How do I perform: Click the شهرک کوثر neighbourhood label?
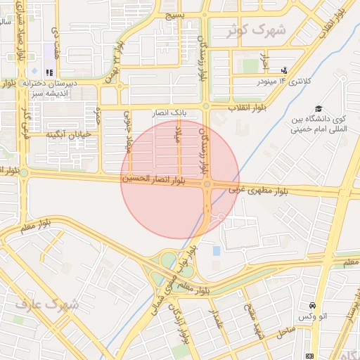(258, 31)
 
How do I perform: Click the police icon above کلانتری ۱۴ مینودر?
(284, 70)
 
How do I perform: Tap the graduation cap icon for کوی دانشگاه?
(319, 109)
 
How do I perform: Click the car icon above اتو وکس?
(312, 307)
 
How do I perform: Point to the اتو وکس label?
(312, 319)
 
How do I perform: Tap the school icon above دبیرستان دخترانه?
(49, 72)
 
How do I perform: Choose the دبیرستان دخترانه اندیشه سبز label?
(50, 89)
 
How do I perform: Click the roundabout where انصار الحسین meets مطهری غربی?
(207, 184)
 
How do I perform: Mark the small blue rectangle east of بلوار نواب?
(216, 250)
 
